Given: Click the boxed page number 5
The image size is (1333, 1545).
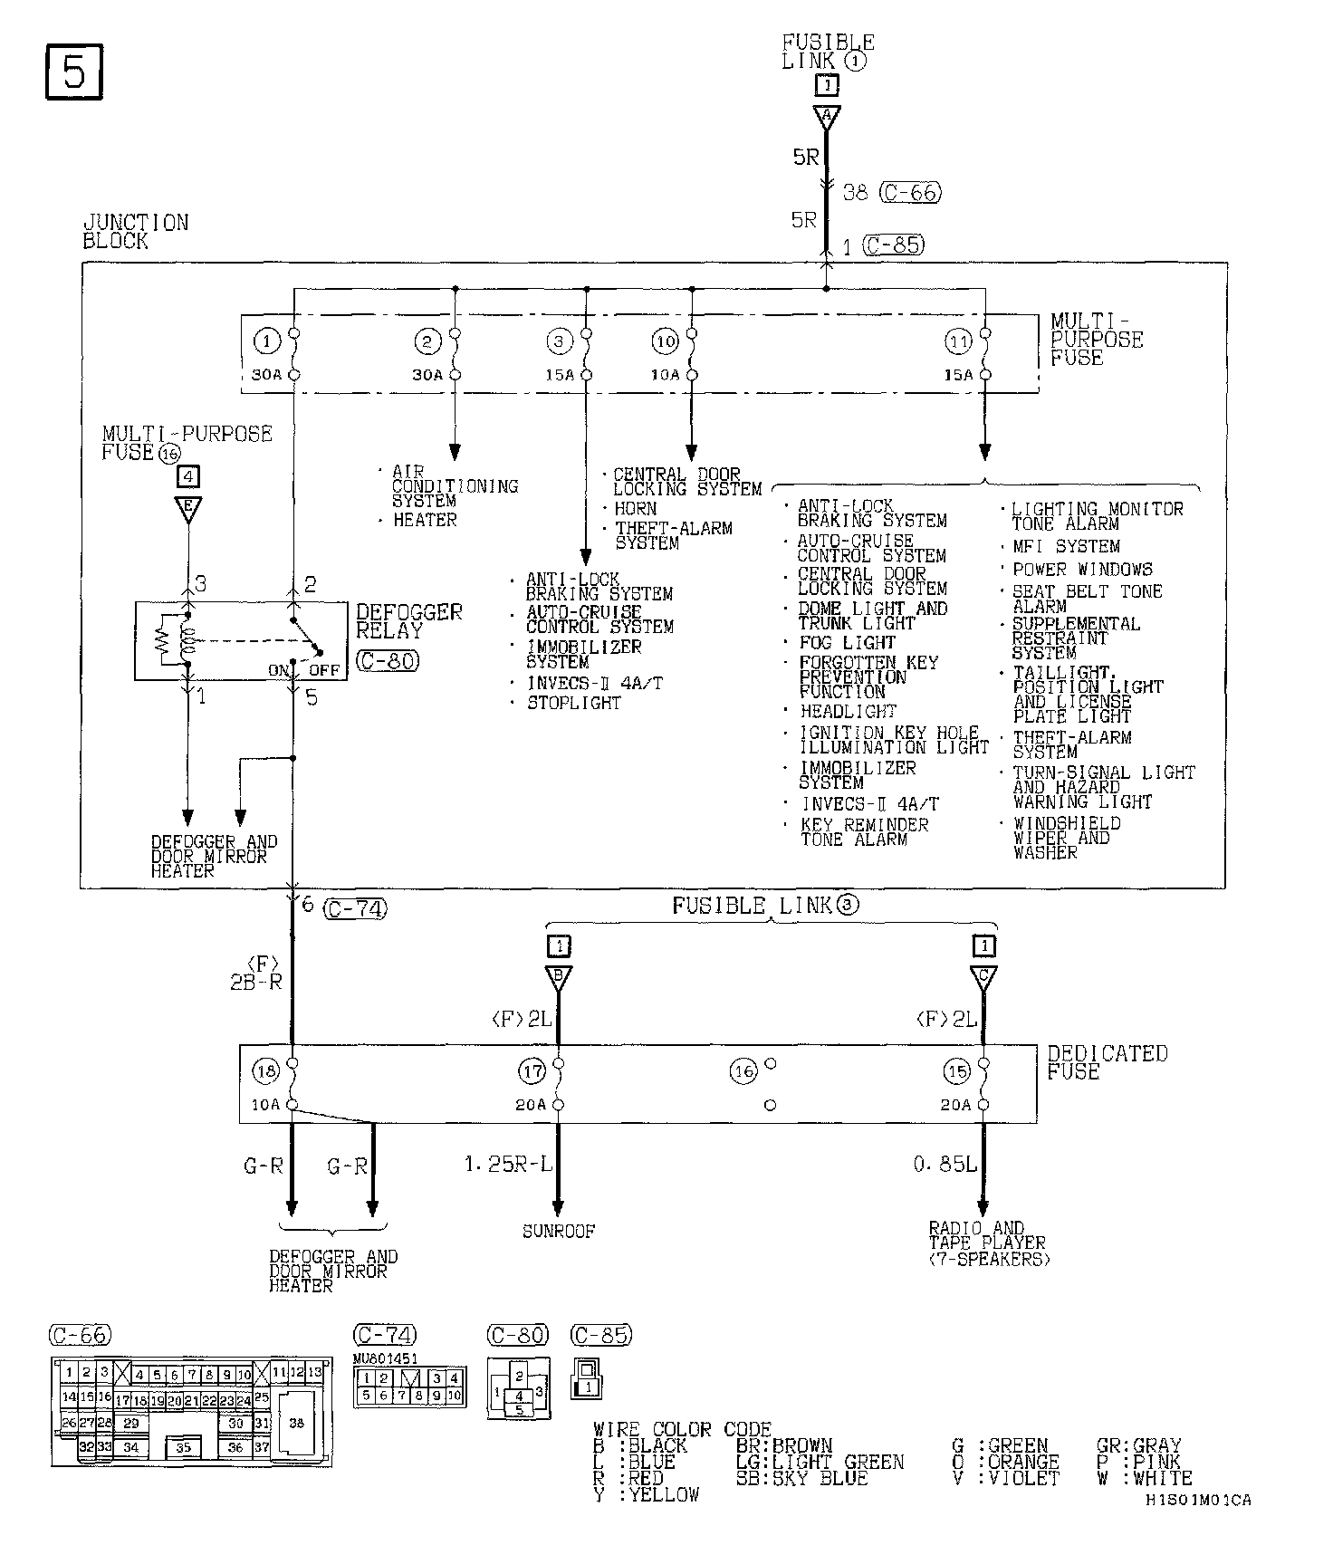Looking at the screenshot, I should (x=73, y=72).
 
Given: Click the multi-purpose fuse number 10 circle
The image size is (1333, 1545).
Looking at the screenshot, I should (x=665, y=341).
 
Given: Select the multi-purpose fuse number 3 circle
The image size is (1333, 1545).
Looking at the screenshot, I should (x=560, y=341).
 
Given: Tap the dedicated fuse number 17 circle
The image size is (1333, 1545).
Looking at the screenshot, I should (x=532, y=1071).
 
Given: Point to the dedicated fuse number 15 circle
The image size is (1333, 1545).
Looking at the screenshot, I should (x=956, y=1071).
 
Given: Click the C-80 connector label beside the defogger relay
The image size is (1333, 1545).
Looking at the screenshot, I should (x=388, y=661).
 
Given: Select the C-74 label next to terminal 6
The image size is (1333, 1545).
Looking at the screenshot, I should (x=355, y=907).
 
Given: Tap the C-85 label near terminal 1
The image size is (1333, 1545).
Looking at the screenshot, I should (x=894, y=245).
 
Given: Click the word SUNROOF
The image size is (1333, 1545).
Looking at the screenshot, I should (x=559, y=1232).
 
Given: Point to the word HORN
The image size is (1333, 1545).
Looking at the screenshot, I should (x=636, y=509).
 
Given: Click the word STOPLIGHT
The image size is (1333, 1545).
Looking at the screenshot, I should (x=574, y=703).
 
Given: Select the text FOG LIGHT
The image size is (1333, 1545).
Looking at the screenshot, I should (x=847, y=643).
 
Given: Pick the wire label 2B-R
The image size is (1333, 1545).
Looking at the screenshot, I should (x=256, y=981).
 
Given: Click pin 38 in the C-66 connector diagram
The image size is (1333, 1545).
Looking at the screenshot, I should (x=296, y=1423).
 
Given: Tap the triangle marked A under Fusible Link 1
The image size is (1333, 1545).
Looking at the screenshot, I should (x=827, y=116).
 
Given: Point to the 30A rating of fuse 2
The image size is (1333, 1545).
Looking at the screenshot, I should (x=427, y=375).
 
